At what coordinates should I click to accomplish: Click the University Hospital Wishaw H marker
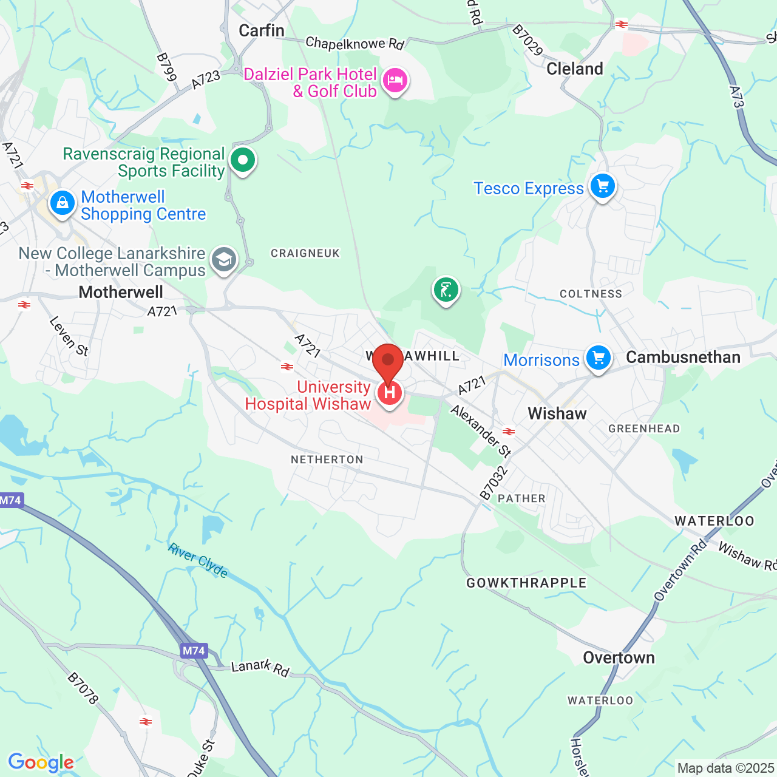click(389, 393)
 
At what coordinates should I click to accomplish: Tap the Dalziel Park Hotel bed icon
click(395, 80)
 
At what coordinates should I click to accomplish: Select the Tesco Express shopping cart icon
click(602, 186)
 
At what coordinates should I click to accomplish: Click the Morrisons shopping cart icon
click(598, 358)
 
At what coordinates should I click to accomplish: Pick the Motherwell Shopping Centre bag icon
click(62, 203)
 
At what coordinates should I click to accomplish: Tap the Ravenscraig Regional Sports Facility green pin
click(243, 161)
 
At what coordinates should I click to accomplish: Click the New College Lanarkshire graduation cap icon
click(223, 260)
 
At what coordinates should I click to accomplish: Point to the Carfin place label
click(262, 30)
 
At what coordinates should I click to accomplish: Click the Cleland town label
click(574, 69)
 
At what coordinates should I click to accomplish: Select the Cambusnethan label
click(683, 357)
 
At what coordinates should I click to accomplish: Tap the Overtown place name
click(619, 658)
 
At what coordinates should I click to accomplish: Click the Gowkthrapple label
click(526, 583)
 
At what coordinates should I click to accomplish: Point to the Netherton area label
click(327, 460)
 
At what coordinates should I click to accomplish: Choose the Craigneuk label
click(305, 253)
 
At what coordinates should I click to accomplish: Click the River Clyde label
click(198, 560)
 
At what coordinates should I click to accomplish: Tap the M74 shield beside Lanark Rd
click(194, 651)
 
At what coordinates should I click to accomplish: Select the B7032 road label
click(494, 483)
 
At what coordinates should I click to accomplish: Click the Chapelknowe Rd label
click(355, 43)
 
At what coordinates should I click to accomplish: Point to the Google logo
click(41, 762)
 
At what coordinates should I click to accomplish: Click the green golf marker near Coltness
click(446, 290)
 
